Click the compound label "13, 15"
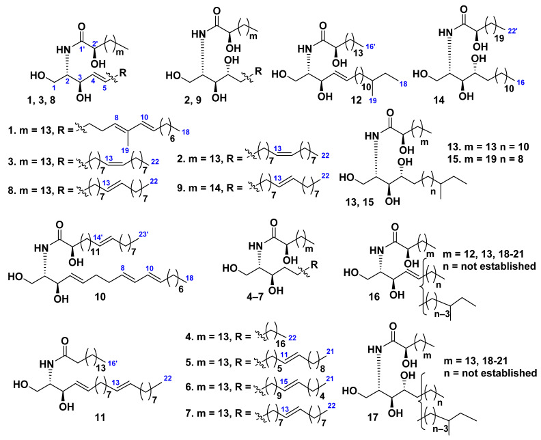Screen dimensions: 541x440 pyautogui.click(x=360, y=202)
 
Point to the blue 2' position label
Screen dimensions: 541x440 pyautogui.click(x=95, y=44)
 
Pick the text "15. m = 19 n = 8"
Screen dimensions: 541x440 pyautogui.click(x=487, y=159)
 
